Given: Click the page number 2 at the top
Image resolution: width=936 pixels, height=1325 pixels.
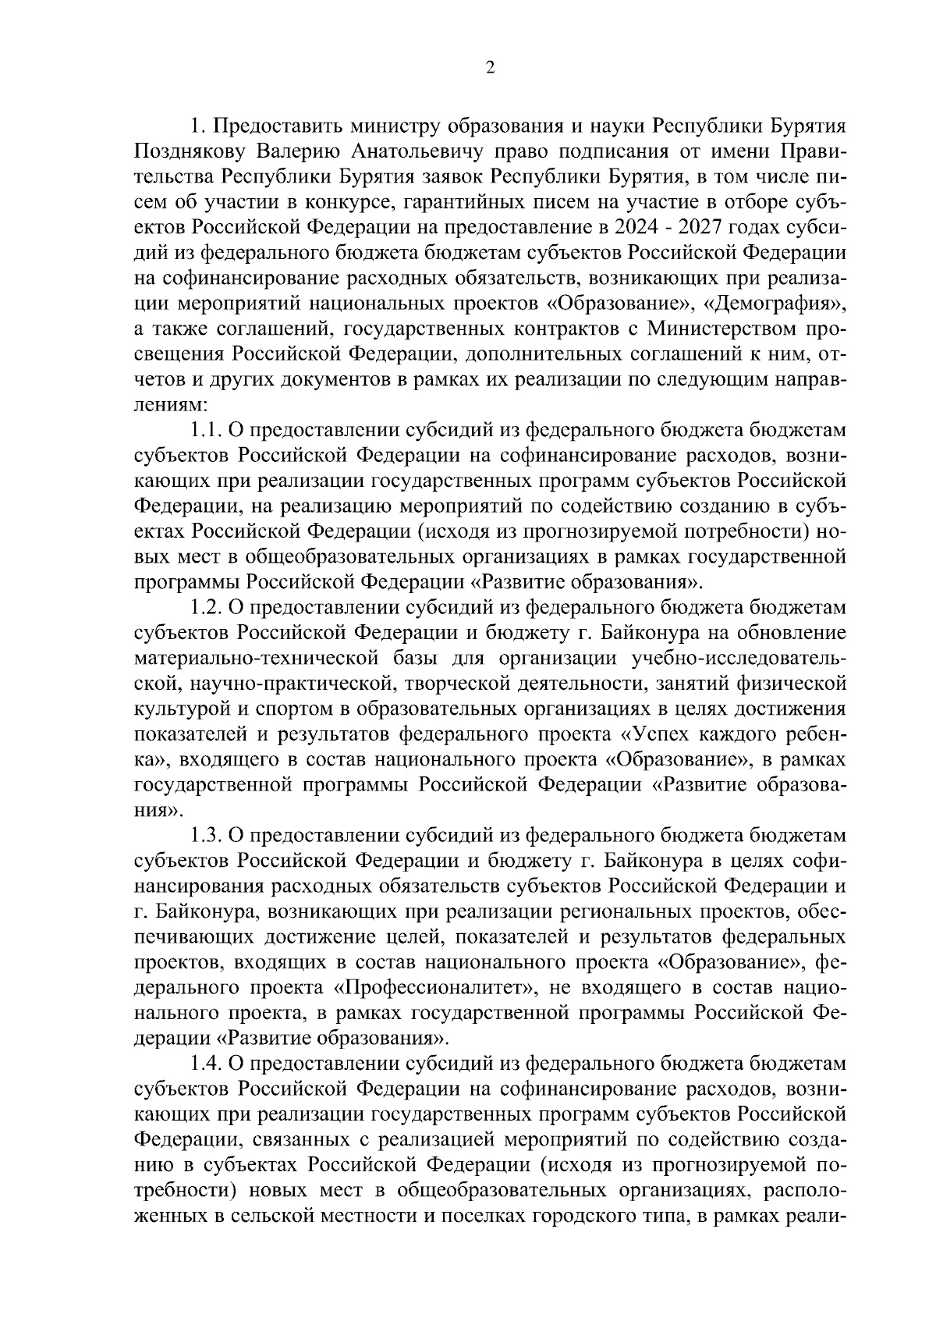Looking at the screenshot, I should (490, 68).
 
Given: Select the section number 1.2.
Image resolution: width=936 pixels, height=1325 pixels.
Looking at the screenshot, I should (206, 608).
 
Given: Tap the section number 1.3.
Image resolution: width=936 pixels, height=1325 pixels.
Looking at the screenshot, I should (206, 837).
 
